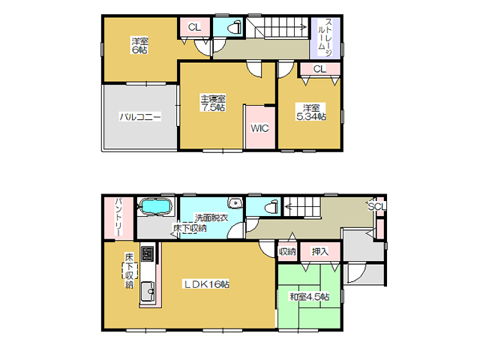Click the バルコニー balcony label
pyautogui.click(x=140, y=117)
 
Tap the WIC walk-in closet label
pyautogui.click(x=259, y=128)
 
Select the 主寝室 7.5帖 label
pyautogui.click(x=213, y=103)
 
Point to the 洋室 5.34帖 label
pyautogui.click(x=311, y=112)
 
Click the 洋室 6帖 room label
pyautogui.click(x=140, y=45)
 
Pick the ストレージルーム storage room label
pyautogui.click(x=325, y=37)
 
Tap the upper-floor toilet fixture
pyautogui.click(x=235, y=28)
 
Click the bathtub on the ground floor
pyautogui.click(x=155, y=206)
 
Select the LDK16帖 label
pyautogui.click(x=206, y=284)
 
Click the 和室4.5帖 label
pyautogui.click(x=310, y=297)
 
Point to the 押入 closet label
pyautogui.click(x=320, y=252)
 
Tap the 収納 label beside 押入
pyautogui.click(x=287, y=252)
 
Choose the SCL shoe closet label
pyautogui.click(x=376, y=207)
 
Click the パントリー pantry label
pyautogui.click(x=118, y=217)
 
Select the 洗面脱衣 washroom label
pyautogui.click(x=211, y=217)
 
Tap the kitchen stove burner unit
pyautogui.click(x=147, y=253)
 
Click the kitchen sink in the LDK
pyautogui.click(x=147, y=291)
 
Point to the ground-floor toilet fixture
pyautogui.click(x=271, y=206)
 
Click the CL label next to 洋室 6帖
pyautogui.click(x=194, y=27)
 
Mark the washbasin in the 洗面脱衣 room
pyautogui.click(x=235, y=202)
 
